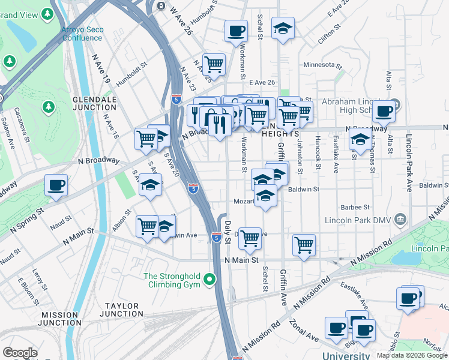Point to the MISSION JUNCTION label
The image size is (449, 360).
click(59, 319)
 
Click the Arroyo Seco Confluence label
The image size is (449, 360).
click(82, 33)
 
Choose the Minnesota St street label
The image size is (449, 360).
click(322, 65)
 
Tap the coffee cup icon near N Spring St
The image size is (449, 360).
click(56, 185)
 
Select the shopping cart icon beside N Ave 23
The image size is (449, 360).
click(214, 63)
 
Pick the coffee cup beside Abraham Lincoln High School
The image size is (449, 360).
click(384, 110)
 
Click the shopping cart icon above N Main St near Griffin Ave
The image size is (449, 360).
click(304, 245)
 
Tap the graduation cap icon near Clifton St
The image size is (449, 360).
click(283, 28)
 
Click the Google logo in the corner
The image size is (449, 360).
click(20, 353)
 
